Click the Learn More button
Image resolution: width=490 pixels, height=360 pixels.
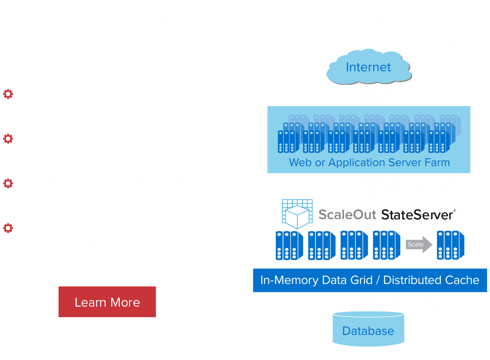coord(107,302)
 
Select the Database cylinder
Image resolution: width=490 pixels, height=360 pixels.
coord(368,329)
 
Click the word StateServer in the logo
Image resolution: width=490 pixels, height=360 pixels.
coord(417,215)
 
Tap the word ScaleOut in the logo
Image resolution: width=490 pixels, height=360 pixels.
coord(347,215)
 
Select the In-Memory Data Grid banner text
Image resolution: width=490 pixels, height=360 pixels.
coord(370,280)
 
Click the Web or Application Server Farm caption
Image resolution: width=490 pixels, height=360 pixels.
coord(369,163)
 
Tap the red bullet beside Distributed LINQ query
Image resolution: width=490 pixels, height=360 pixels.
coord(8,139)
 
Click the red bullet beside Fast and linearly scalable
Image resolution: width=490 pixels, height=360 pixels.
coord(8,94)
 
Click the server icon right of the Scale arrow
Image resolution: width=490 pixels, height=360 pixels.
coord(450,245)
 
